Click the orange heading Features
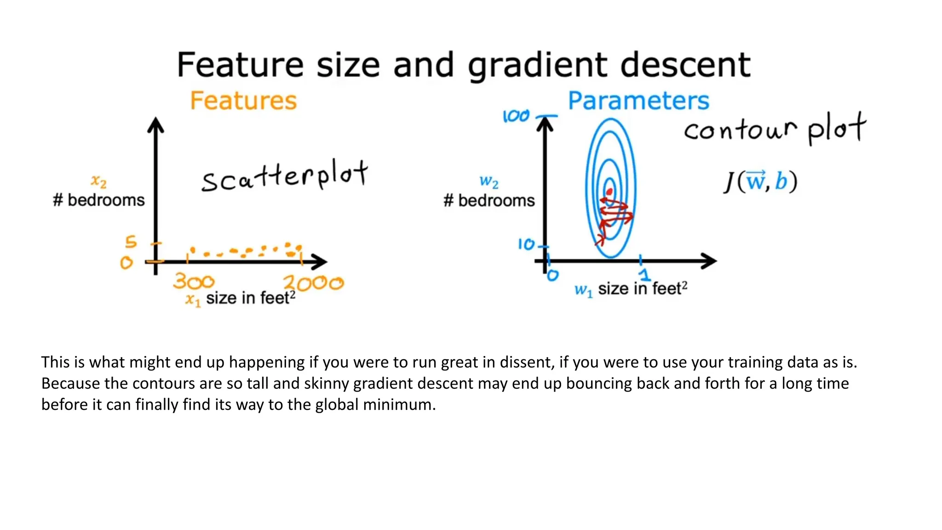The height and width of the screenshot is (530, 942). pos(243,101)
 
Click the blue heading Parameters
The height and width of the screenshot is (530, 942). pos(638,101)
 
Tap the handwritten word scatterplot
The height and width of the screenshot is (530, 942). pos(284,177)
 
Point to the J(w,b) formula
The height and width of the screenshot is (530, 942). pos(760,181)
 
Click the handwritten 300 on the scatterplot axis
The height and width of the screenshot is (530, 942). pos(194,282)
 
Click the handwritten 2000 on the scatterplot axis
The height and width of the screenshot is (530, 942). pos(313,283)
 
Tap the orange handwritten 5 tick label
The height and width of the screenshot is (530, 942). pos(131,242)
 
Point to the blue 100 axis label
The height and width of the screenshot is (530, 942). pos(516,116)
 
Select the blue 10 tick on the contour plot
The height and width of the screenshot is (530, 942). pos(527,244)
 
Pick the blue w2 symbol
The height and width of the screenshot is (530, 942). pos(488,181)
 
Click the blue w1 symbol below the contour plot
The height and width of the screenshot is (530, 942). pos(583,290)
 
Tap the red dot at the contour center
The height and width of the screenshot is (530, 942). pos(609,191)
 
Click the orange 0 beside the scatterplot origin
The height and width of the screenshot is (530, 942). pos(126,263)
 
